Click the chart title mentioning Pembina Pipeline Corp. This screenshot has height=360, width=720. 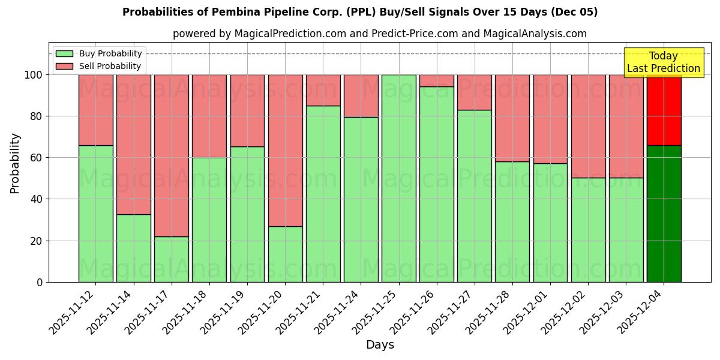(x=360, y=12)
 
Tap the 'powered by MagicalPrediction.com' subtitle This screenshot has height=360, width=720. (x=379, y=34)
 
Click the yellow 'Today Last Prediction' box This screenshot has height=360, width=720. (x=663, y=62)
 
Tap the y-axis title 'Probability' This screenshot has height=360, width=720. (x=15, y=163)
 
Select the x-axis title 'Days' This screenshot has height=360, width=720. (x=380, y=345)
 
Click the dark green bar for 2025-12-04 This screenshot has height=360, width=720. (x=664, y=214)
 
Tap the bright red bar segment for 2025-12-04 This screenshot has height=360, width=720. (x=664, y=110)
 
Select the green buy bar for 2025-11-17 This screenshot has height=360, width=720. (x=172, y=259)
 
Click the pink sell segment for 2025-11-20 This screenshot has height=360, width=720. (x=285, y=150)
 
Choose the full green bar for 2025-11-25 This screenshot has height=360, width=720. (x=398, y=178)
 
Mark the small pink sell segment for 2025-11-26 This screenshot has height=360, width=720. (x=436, y=80)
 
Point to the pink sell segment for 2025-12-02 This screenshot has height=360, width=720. (x=588, y=126)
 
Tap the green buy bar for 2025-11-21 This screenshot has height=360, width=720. (x=323, y=194)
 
